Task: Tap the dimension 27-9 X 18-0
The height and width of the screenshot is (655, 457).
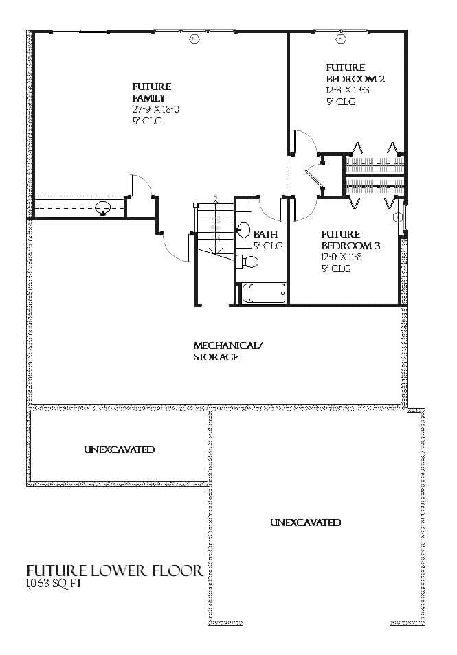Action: click(156, 109)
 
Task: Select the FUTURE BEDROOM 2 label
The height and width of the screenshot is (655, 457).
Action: click(355, 73)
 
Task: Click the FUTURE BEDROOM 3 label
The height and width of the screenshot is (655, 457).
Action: click(350, 240)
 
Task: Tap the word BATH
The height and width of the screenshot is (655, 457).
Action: click(265, 234)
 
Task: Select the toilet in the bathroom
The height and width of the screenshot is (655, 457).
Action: click(248, 262)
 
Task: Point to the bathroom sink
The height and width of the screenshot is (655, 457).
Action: click(244, 230)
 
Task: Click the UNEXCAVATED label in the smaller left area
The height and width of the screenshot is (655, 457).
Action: click(119, 450)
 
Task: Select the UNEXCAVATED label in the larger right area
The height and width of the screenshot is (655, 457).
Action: click(305, 522)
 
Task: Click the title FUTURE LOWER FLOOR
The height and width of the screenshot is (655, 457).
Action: click(114, 571)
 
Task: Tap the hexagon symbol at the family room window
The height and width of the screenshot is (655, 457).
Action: click(194, 39)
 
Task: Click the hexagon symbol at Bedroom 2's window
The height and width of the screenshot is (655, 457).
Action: click(341, 39)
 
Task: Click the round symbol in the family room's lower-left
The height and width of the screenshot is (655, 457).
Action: click(103, 207)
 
